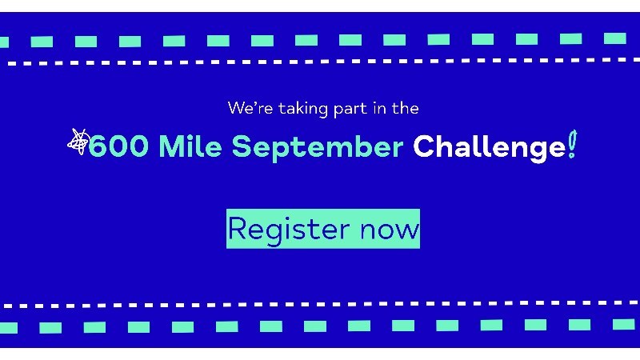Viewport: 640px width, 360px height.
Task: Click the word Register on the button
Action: point(289,230)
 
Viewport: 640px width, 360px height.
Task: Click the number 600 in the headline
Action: point(118,146)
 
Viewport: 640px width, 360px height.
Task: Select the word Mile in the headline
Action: point(190,146)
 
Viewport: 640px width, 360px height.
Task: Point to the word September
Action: point(318,148)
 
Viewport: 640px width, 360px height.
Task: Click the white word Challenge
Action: point(490,148)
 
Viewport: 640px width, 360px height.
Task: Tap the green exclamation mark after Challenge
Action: point(572,144)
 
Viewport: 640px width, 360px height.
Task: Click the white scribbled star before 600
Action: point(78,142)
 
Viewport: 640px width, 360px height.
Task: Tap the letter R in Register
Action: point(237,228)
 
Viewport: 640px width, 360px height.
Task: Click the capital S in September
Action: point(242,146)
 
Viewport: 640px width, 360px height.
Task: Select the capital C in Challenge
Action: point(423,146)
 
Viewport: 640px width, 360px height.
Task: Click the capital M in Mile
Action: point(171,146)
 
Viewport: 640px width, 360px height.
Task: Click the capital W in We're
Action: point(236,108)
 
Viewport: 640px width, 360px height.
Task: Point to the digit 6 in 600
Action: point(97,146)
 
